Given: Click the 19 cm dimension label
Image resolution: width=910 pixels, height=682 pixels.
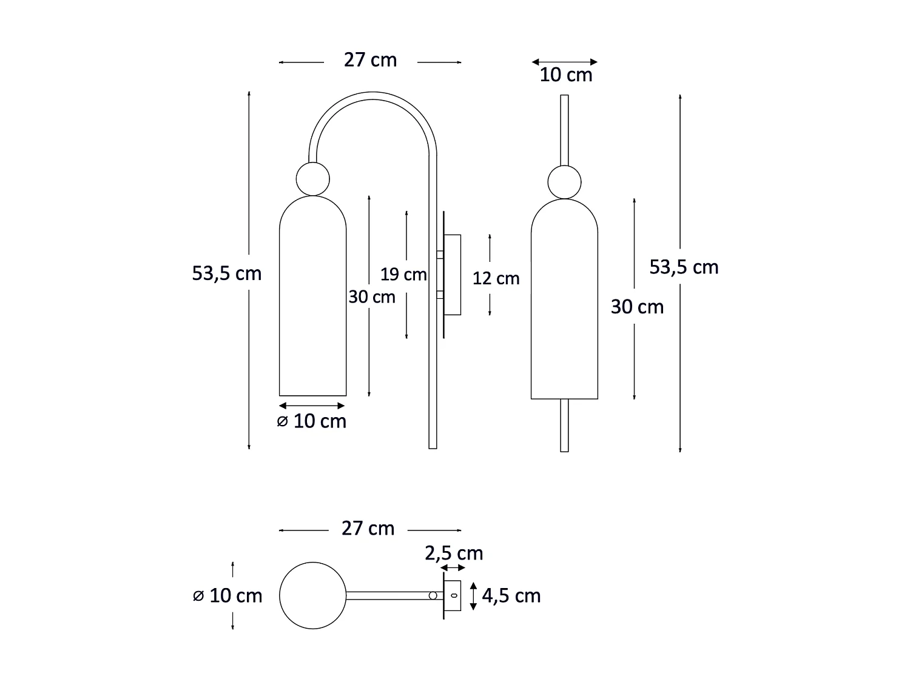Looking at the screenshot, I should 403,275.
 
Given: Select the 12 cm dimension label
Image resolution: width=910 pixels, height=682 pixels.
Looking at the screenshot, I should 496,278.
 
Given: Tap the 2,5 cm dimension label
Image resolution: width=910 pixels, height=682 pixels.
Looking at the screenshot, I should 454,553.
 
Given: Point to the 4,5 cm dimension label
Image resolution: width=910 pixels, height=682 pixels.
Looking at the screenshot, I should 511,596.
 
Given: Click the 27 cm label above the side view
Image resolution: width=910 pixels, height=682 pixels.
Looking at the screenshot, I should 370,60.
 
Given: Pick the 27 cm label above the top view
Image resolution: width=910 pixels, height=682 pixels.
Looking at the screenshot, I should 368,529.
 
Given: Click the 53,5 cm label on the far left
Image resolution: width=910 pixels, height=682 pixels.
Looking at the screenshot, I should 227,273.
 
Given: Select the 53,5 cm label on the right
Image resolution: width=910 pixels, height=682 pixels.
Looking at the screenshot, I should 684,267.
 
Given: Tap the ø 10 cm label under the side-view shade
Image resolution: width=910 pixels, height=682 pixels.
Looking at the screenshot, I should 312,421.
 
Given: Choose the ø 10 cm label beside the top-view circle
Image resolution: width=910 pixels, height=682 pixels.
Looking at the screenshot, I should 227,596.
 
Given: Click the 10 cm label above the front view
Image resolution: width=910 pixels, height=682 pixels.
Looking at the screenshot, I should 565,75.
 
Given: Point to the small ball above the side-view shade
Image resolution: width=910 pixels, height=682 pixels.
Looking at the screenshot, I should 312,179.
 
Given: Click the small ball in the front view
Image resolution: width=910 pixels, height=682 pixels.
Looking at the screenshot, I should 564,182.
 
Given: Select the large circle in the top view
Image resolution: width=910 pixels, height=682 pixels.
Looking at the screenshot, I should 312,595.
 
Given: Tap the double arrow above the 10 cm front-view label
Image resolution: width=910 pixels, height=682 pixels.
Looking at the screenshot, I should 564,62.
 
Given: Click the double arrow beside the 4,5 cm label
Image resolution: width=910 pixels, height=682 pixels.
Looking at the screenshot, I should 474,596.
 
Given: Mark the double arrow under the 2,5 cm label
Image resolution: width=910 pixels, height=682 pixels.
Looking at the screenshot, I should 453,568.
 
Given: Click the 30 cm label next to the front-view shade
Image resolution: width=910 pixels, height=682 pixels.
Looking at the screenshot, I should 637,307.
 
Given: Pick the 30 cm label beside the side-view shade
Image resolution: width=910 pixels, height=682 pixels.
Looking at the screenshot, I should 371,297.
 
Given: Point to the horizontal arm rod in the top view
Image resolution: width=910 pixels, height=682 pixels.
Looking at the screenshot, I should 388,595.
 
